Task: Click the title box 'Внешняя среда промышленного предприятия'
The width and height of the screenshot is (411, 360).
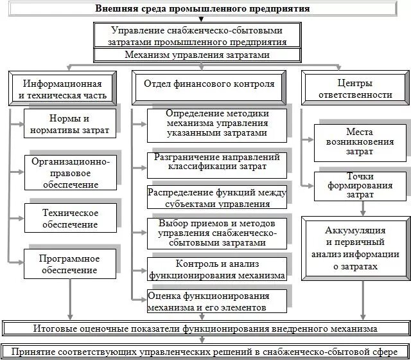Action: (x=203, y=9)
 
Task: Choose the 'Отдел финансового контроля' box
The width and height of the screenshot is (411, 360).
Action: (x=209, y=84)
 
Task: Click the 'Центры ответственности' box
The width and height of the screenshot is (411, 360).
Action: (x=355, y=89)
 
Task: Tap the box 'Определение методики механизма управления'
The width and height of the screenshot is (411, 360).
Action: (x=216, y=123)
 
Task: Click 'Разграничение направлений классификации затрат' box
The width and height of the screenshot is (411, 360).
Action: (x=216, y=164)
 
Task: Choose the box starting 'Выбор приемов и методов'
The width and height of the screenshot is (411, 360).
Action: (x=216, y=233)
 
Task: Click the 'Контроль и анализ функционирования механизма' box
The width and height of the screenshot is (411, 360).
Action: (x=216, y=269)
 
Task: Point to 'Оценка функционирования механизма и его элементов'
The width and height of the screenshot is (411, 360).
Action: (x=216, y=300)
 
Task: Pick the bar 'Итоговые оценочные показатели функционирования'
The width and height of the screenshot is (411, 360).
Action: (x=205, y=328)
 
